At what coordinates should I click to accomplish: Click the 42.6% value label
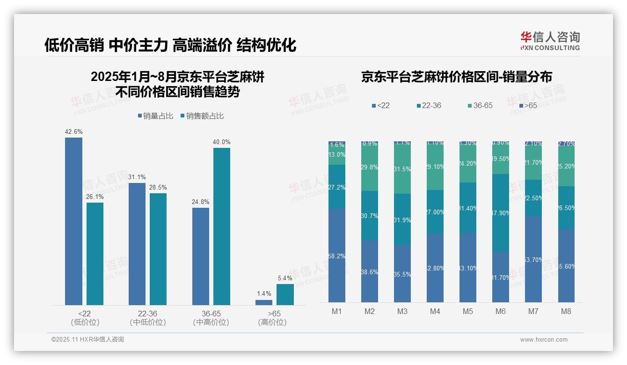(73, 132)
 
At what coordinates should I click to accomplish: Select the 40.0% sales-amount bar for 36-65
(222, 226)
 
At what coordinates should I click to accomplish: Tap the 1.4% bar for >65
(264, 302)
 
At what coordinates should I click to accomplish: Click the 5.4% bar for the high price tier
(285, 294)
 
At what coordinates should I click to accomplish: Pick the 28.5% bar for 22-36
(158, 249)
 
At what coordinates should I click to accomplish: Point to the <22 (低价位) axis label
(85, 318)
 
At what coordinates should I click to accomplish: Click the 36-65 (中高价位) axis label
(211, 318)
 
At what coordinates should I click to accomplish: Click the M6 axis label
(501, 311)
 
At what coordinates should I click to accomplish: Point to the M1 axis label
(337, 311)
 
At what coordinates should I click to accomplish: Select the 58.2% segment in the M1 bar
(337, 255)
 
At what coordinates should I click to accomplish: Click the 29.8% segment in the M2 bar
(370, 168)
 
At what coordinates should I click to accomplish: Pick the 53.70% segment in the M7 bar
(533, 259)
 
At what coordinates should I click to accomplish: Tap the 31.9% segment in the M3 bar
(402, 219)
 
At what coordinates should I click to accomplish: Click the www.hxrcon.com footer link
(544, 340)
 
